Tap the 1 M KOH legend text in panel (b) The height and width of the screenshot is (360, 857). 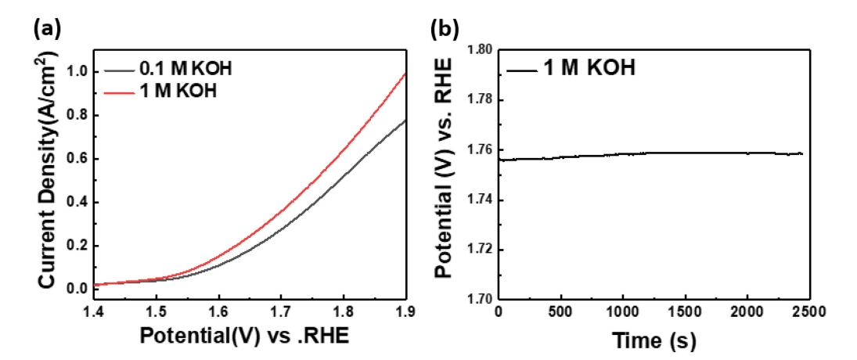point(589,68)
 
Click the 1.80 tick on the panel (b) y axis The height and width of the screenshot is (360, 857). point(480,49)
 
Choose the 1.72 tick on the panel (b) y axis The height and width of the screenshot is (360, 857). point(480,250)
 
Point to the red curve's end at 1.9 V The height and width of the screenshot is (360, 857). point(405,74)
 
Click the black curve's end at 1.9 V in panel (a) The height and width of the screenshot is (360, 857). point(405,121)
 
